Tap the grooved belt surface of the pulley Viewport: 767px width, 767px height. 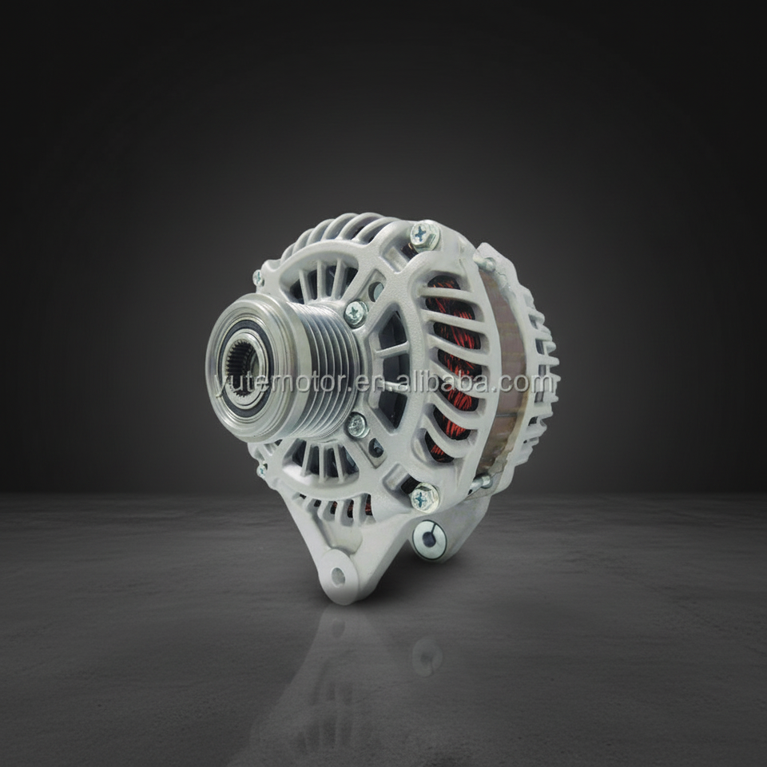tap(325, 369)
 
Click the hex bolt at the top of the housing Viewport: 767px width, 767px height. tap(424, 236)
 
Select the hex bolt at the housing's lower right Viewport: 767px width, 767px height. tap(424, 498)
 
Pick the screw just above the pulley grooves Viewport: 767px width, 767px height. tap(356, 312)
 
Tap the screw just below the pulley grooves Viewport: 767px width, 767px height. tap(357, 424)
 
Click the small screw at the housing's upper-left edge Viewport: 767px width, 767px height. tap(259, 278)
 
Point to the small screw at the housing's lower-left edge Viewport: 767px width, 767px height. tap(263, 471)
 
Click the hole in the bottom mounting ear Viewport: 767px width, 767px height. tap(336, 576)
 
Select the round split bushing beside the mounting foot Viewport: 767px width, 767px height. tap(429, 539)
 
